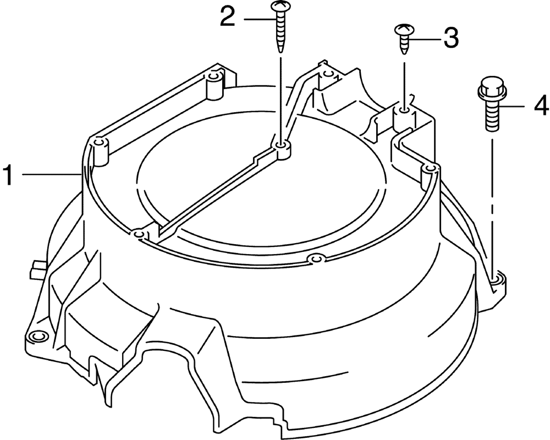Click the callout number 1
(8, 175)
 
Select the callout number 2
(228, 17)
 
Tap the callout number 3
(451, 38)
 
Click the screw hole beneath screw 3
(404, 111)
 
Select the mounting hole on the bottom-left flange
(36, 336)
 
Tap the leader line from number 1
(52, 174)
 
